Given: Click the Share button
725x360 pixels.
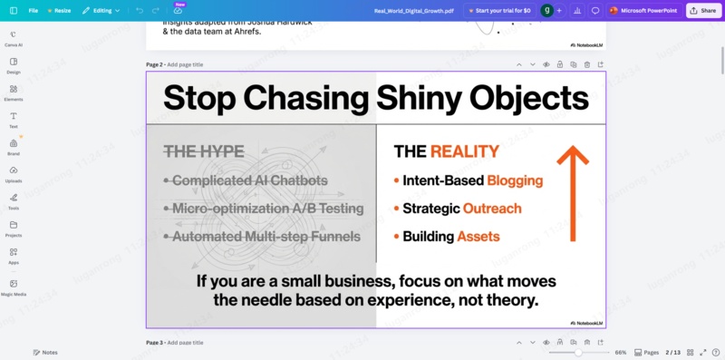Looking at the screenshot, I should (702, 10).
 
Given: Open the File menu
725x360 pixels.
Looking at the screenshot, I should (33, 10).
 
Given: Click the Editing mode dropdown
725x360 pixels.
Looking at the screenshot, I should (101, 10).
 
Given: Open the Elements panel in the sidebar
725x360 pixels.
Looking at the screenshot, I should (14, 92).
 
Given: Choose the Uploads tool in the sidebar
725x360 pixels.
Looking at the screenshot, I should (14, 174).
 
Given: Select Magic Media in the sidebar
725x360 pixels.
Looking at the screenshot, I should (14, 287).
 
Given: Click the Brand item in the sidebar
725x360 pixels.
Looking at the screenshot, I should (14, 147).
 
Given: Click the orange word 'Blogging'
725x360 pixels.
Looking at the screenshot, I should (515, 180).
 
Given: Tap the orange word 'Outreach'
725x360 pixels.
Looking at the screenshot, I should (492, 209).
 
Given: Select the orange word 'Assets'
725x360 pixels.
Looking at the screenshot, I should (478, 237).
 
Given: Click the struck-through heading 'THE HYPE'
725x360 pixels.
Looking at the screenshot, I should (204, 151).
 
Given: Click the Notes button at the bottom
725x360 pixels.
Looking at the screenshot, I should (45, 352).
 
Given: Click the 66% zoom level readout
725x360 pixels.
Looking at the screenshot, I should (621, 352).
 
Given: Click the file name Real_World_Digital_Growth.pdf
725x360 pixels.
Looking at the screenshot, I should (414, 10).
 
